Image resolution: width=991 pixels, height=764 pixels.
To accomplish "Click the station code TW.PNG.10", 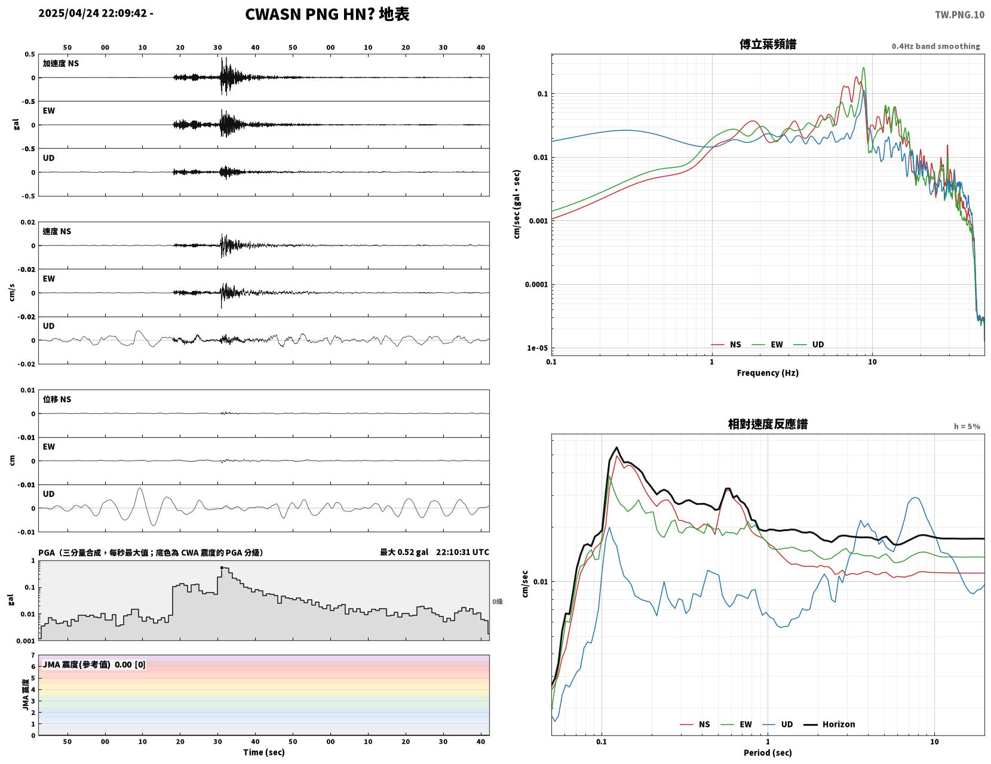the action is point(959,14).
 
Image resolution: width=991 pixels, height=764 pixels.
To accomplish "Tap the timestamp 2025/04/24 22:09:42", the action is point(93,13).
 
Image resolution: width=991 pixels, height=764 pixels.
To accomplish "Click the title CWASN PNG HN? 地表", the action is point(327,14).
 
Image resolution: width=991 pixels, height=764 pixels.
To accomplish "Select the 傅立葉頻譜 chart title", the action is point(768,44).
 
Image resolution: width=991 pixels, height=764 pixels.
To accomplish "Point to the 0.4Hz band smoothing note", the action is point(935,46).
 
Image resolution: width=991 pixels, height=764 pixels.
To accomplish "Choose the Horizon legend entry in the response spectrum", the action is point(829,724).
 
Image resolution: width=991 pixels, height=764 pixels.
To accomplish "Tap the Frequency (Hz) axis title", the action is point(768,372).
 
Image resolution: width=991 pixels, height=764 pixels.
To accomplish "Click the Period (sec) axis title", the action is point(768,752).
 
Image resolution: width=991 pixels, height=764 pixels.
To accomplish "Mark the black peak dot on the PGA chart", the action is point(222,567).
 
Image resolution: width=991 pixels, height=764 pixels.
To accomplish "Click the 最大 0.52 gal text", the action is point(404,552).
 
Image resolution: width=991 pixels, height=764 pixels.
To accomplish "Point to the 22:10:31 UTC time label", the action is point(462,552).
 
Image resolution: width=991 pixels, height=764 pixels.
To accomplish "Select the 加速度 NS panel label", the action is point(61,63).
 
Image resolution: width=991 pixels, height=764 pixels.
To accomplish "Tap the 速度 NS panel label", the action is point(57,231).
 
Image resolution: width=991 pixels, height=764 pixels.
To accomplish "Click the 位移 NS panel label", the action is point(57,399).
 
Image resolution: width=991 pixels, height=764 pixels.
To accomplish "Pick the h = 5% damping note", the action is point(967,427).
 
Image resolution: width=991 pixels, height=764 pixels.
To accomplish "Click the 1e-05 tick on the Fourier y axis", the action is point(537,348).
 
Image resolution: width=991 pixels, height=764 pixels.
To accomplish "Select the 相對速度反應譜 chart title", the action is point(768,424).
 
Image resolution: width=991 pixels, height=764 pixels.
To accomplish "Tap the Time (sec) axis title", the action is point(263,752).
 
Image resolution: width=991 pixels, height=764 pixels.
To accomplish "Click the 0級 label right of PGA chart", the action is point(497,602).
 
